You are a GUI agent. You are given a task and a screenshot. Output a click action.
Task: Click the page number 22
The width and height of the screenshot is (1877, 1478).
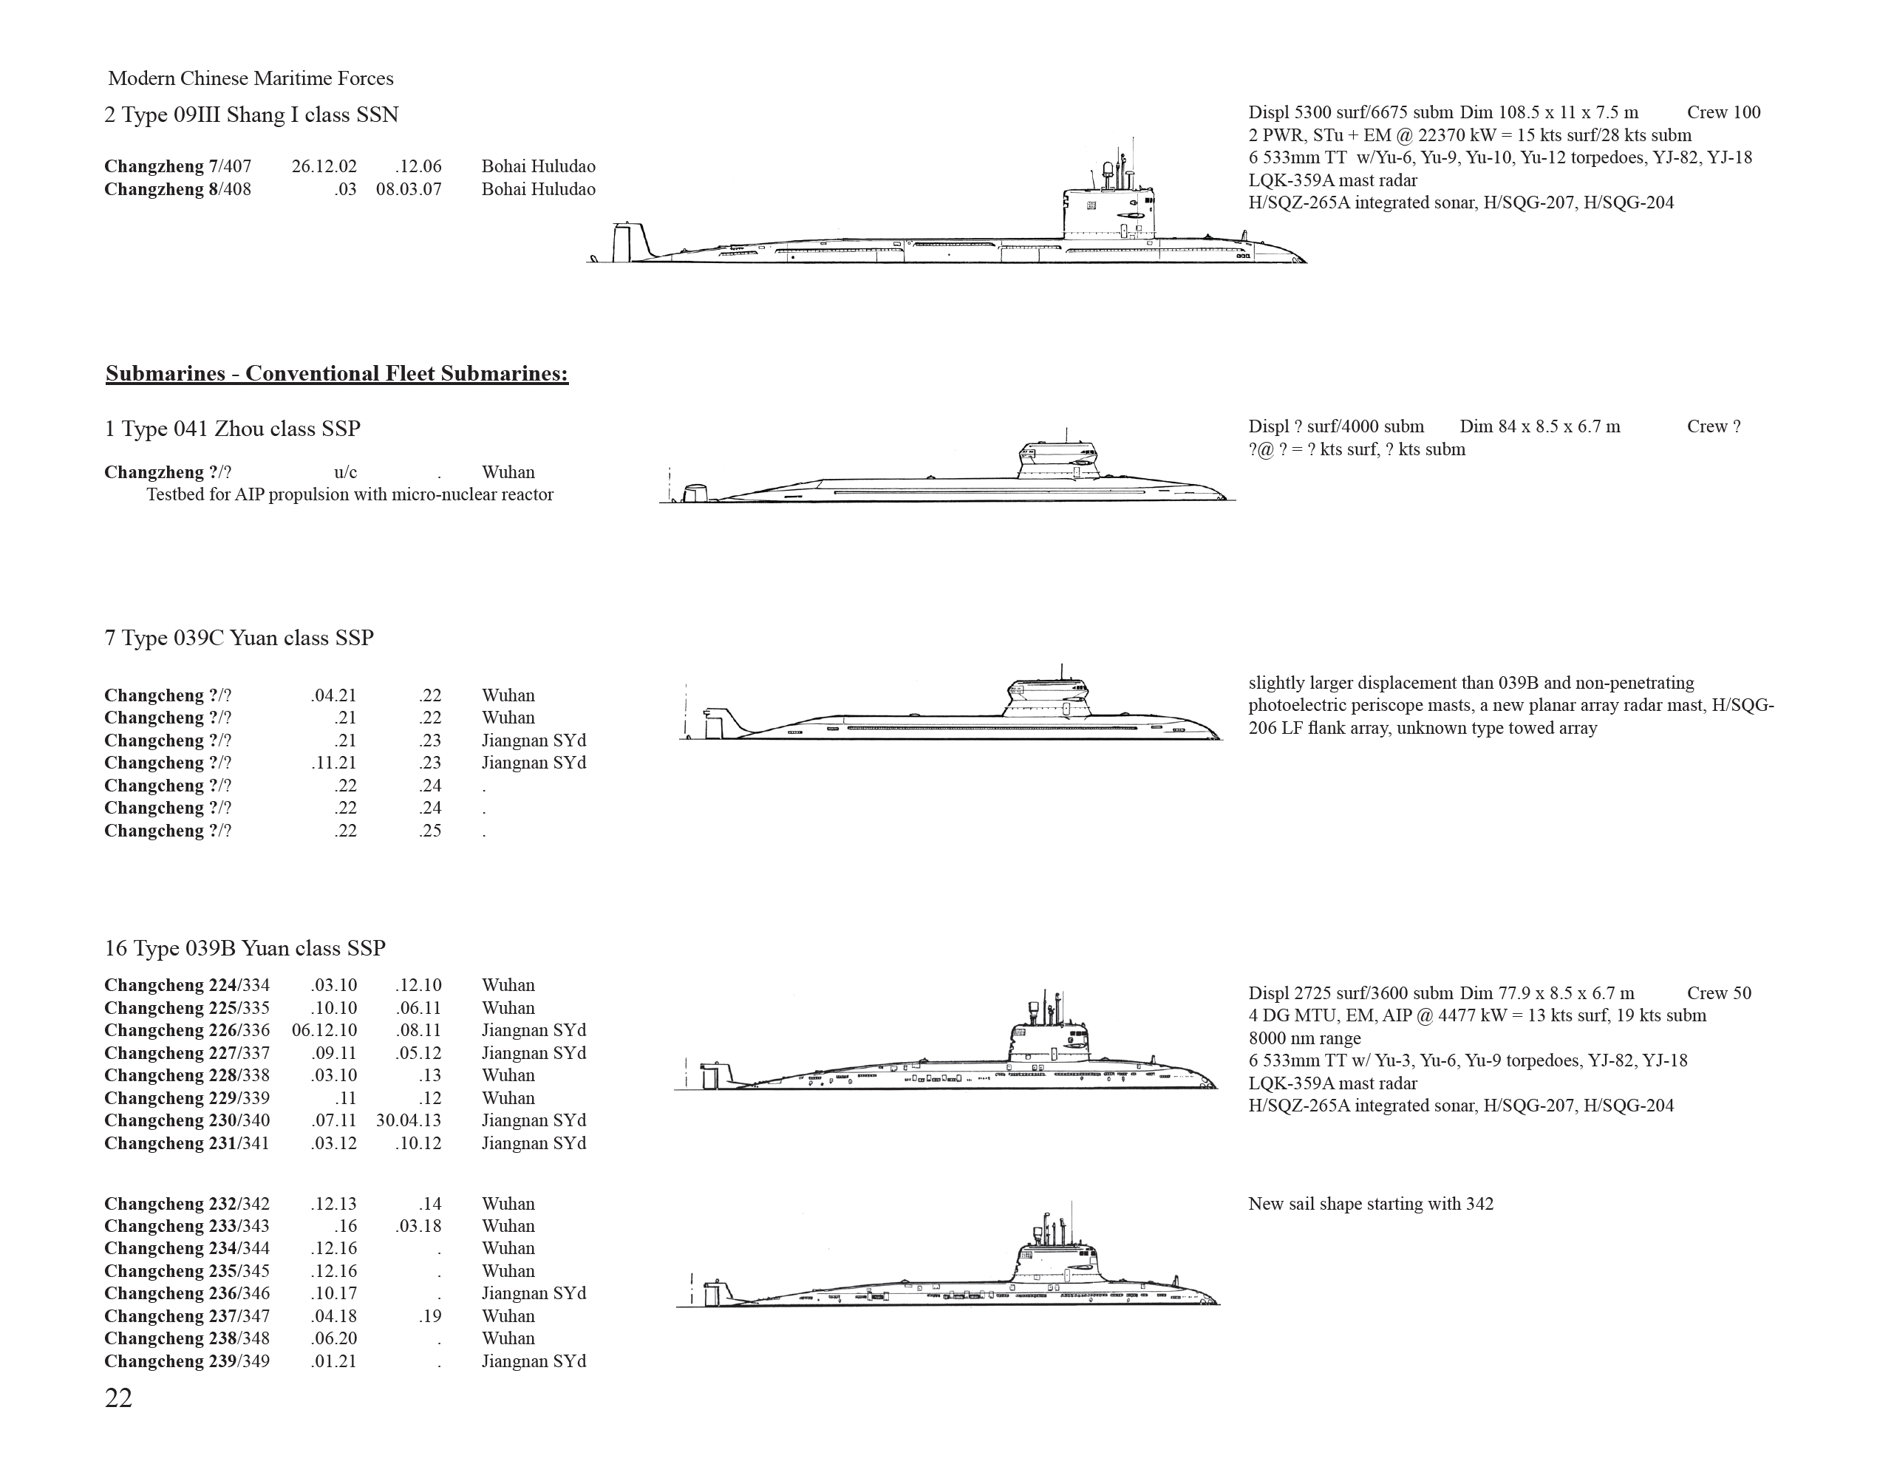pyautogui.click(x=118, y=1398)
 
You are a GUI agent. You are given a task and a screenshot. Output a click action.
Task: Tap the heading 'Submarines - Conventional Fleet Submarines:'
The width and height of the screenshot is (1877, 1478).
pyautogui.click(x=337, y=374)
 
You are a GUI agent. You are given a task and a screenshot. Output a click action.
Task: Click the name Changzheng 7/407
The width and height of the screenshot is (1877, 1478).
pyautogui.click(x=177, y=166)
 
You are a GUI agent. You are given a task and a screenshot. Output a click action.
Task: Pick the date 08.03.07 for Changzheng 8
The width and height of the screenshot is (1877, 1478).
pyautogui.click(x=409, y=189)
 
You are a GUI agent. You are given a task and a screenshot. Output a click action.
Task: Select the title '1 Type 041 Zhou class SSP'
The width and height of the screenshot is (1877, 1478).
pyautogui.click(x=232, y=429)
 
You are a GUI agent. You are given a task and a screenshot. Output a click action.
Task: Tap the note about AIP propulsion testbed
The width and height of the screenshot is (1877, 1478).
pyautogui.click(x=350, y=495)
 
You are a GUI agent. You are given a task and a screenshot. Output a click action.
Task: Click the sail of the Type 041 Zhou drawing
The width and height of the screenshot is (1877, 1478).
pyautogui.click(x=1058, y=460)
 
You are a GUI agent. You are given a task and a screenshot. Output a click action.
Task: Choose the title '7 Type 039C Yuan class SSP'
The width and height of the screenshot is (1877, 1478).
pyautogui.click(x=239, y=638)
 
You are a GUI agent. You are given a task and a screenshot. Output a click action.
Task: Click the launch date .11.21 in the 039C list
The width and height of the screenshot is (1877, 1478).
pyautogui.click(x=334, y=763)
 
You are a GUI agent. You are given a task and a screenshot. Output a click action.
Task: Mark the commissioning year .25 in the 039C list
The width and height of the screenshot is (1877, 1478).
pyautogui.click(x=430, y=831)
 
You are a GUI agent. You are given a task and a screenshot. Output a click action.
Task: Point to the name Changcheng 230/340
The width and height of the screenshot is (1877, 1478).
pyautogui.click(x=187, y=1120)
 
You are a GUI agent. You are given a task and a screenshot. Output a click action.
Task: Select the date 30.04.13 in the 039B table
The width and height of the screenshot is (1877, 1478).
pyautogui.click(x=409, y=1120)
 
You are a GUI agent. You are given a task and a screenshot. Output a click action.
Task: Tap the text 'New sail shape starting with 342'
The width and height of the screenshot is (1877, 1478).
pyautogui.click(x=1371, y=1205)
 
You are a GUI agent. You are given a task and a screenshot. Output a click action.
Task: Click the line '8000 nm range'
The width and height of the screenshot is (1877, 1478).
pyautogui.click(x=1304, y=1038)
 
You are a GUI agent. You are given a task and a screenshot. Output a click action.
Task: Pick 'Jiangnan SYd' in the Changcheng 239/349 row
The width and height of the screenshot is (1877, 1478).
pyautogui.click(x=534, y=1362)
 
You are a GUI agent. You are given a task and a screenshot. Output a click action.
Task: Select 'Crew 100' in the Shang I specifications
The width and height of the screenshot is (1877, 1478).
pyautogui.click(x=1723, y=112)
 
